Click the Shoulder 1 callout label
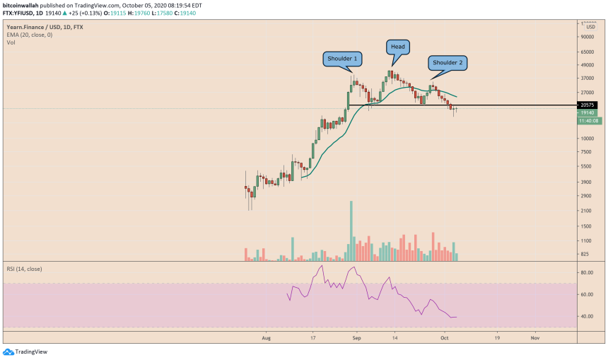[341, 58]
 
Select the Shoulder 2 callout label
[448, 63]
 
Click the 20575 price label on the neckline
[587, 105]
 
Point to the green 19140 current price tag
[587, 112]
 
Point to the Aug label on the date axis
[267, 338]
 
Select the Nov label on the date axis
[534, 338]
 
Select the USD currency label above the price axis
[590, 27]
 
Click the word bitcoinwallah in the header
[21, 4]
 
